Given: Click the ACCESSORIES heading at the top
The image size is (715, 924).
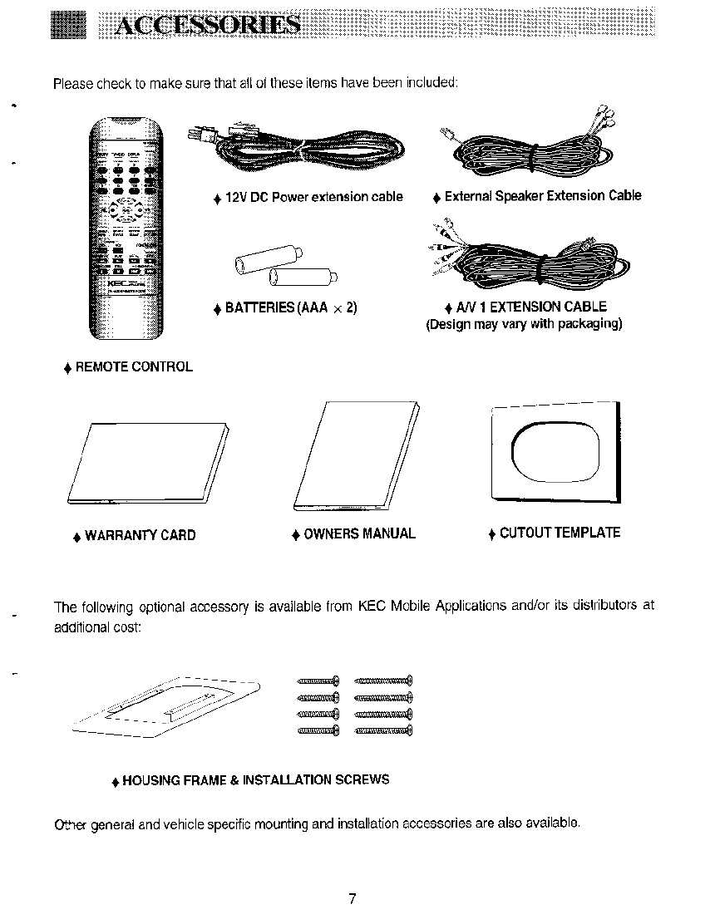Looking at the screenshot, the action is (208, 25).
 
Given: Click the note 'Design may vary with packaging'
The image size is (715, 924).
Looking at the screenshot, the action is (524, 324).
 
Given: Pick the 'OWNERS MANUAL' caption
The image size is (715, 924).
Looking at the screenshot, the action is (359, 533).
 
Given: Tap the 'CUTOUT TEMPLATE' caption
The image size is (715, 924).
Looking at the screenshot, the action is (560, 533).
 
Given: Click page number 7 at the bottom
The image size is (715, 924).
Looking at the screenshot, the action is (353, 899).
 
